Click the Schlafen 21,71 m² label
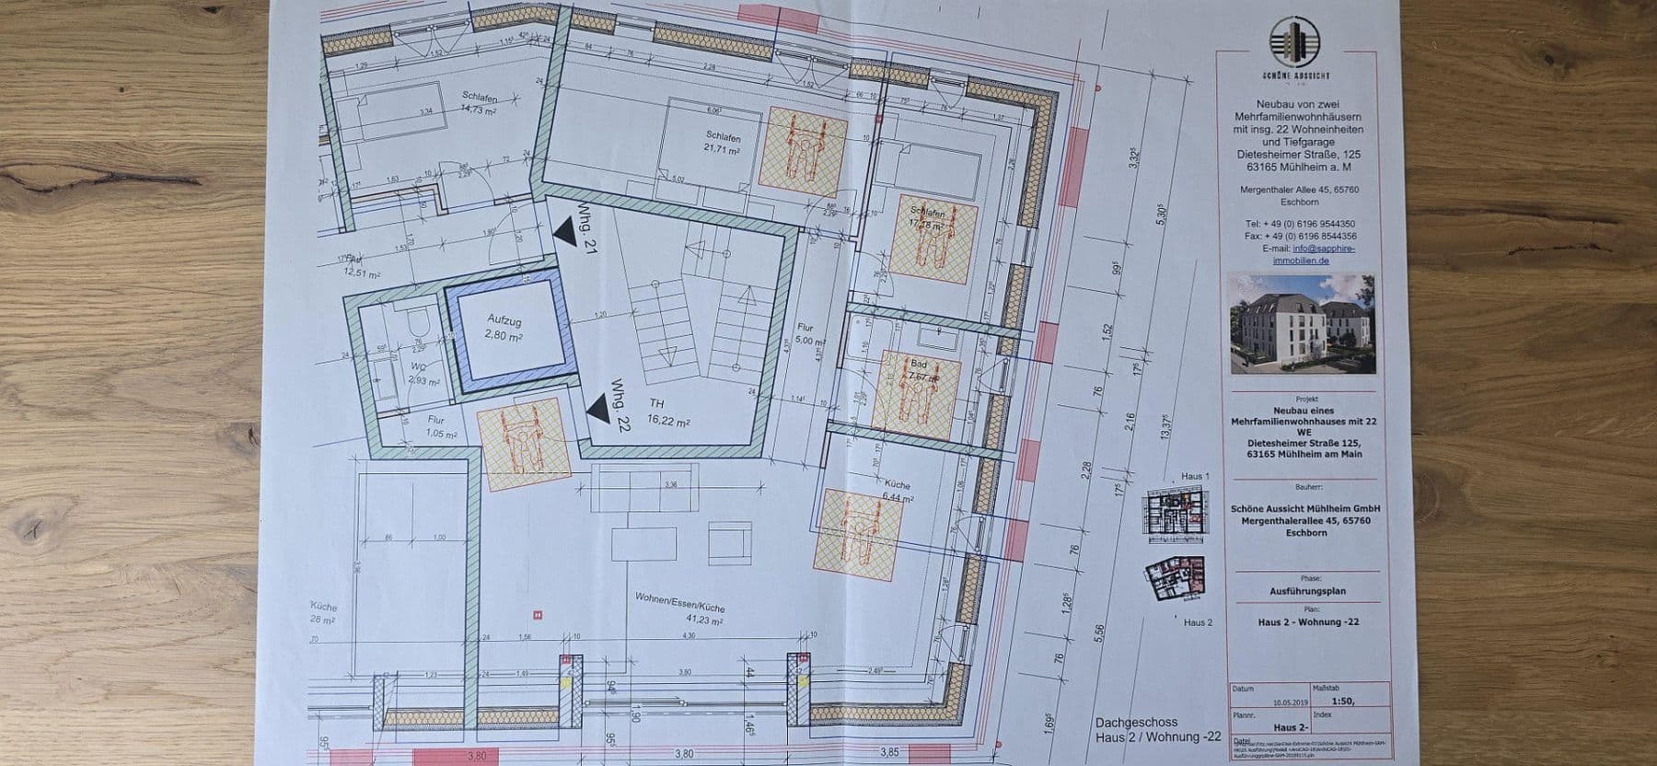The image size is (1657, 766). [722, 142]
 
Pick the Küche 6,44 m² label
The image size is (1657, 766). [896, 490]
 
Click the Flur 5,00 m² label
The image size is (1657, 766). [807, 333]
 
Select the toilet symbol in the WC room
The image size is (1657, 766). [417, 320]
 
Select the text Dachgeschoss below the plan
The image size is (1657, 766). [1136, 723]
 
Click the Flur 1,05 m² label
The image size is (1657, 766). [442, 427]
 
